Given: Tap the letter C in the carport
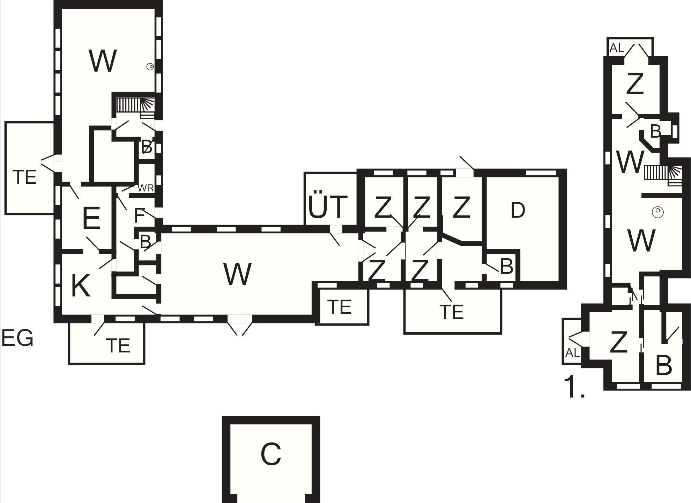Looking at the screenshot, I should tap(271, 454).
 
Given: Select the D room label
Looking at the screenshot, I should tap(518, 210).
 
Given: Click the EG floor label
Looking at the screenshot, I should tap(17, 338).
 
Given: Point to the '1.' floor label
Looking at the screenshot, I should tap(574, 387).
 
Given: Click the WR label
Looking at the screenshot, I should tap(146, 188).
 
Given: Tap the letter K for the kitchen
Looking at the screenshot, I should tap(81, 286).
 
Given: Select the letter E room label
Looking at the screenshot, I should tap(91, 218).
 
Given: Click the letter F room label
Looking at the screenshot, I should tap(139, 216).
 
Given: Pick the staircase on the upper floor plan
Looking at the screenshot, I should tap(663, 173).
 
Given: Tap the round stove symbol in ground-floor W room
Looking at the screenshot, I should tap(150, 67).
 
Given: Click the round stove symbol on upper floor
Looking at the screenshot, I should tap(657, 212).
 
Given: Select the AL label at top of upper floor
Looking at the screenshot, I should tap(617, 48).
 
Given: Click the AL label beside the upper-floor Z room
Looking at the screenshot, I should tap(572, 353).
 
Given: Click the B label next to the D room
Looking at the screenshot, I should tap(507, 267).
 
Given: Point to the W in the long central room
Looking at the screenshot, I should tap(237, 274).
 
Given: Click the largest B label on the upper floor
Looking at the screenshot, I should tap(664, 365).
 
